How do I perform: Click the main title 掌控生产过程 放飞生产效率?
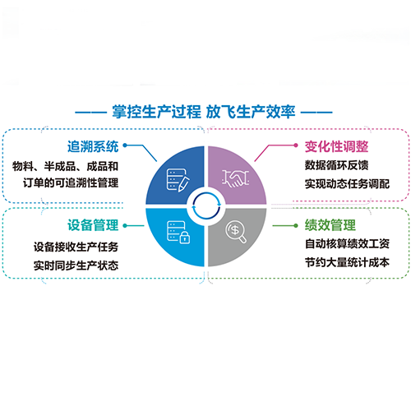click(x=204, y=112)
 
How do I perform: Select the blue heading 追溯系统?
click(x=93, y=146)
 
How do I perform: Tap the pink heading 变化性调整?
click(x=336, y=146)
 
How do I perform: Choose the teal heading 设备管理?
click(x=93, y=225)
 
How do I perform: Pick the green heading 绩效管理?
click(x=330, y=225)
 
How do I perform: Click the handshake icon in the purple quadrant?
click(x=235, y=178)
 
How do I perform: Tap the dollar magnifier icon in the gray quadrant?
click(x=236, y=232)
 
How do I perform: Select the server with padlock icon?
click(x=178, y=233)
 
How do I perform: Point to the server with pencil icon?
click(x=178, y=180)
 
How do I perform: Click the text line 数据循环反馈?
click(x=336, y=165)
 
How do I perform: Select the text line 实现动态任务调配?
click(x=347, y=184)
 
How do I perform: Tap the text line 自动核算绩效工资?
click(x=347, y=243)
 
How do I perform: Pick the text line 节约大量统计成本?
click(x=347, y=262)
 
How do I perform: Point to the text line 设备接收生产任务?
click(x=76, y=247)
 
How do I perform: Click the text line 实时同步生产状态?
click(x=76, y=266)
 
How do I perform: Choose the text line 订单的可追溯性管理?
click(x=71, y=182)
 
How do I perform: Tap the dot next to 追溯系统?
click(x=125, y=145)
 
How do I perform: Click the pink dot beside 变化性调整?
click(x=296, y=145)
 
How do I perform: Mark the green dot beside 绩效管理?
click(x=296, y=225)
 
